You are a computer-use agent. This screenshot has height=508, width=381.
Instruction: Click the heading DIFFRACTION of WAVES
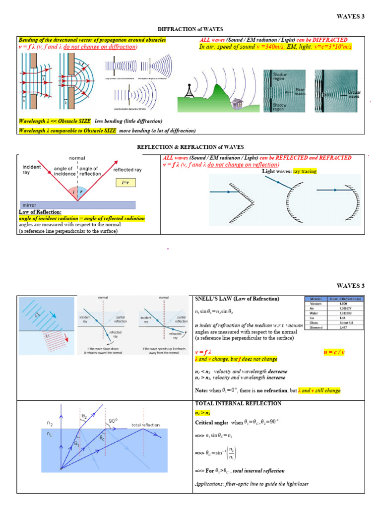[x=190, y=30]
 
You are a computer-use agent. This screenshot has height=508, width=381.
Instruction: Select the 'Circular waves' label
[x=354, y=94]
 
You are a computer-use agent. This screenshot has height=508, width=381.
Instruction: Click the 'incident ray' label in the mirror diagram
[x=31, y=170]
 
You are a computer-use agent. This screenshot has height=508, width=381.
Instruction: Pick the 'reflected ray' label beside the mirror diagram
[x=127, y=170]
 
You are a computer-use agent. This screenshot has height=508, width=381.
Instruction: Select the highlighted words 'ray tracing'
[x=305, y=172]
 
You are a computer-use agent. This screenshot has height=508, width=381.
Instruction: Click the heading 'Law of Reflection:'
[x=39, y=212]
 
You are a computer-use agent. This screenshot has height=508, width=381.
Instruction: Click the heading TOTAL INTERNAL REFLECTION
[x=238, y=403]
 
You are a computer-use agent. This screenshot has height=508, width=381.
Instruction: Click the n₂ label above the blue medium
[x=50, y=424]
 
